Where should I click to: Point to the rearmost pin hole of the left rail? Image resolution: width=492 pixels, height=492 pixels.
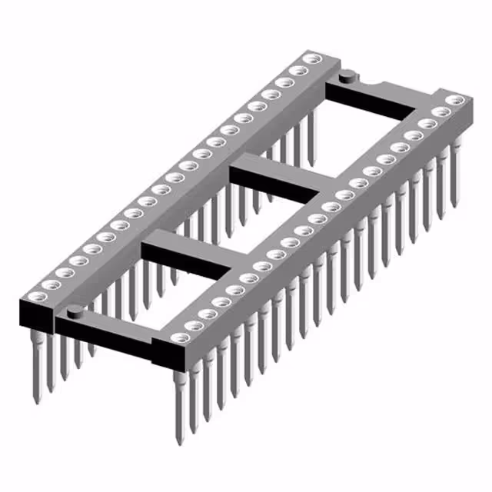pyautogui.click(x=311, y=58)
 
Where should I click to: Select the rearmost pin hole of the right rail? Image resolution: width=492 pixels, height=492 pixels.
pyautogui.click(x=456, y=99)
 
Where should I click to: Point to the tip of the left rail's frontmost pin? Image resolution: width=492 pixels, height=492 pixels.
pyautogui.click(x=36, y=399)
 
